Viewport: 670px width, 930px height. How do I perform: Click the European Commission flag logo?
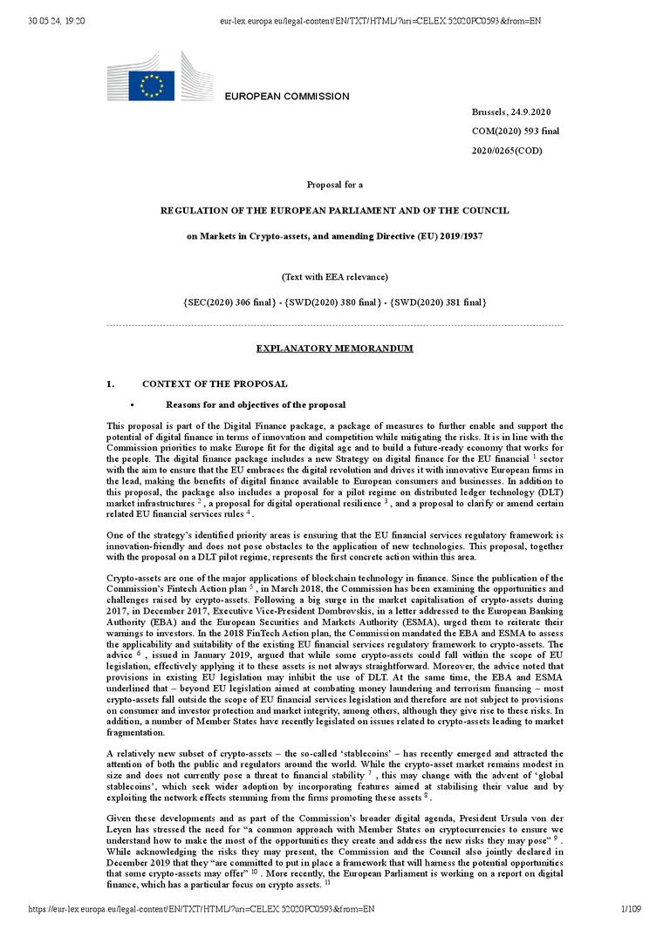point(153,85)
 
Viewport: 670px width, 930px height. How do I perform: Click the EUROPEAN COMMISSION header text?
point(287,97)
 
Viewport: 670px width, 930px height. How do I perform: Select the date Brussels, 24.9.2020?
point(510,112)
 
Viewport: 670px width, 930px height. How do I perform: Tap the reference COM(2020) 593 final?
point(516,132)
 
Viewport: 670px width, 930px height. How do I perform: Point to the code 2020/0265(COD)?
point(507,151)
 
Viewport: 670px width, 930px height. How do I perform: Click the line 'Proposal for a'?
point(334,185)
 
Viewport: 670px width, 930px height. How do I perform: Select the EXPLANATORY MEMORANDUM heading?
point(334,349)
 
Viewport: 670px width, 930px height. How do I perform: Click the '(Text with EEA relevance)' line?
point(334,277)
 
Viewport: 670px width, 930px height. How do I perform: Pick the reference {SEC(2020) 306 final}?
point(228,302)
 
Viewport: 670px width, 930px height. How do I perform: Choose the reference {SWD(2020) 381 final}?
point(439,302)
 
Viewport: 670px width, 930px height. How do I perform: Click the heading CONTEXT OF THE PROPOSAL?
point(215,384)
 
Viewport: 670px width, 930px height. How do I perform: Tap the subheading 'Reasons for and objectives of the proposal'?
point(256,405)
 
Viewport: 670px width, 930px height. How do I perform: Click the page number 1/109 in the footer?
point(630,910)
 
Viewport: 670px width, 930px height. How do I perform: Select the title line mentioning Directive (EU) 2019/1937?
point(334,236)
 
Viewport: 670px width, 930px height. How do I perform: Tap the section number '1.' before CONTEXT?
point(111,384)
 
